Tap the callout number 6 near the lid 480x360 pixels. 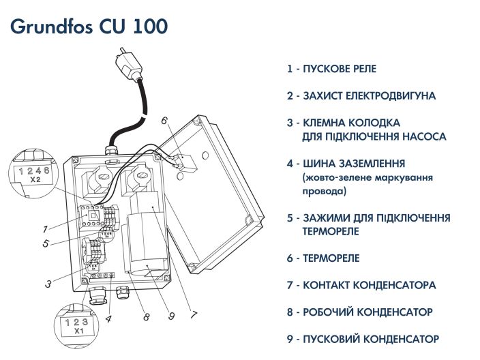click(164, 121)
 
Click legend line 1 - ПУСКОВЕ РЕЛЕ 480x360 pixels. click(332, 69)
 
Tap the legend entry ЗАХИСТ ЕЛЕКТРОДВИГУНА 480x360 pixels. click(361, 96)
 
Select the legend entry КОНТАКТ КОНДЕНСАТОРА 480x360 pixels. click(361, 285)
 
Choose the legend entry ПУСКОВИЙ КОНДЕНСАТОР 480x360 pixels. click(363, 339)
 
